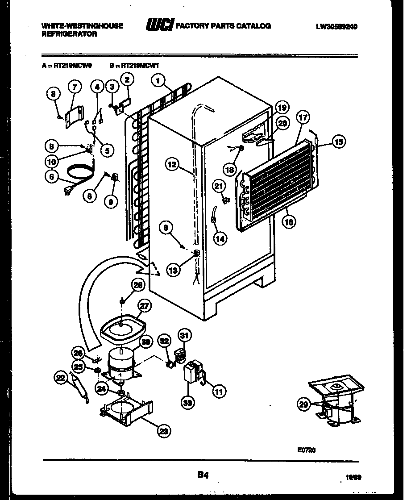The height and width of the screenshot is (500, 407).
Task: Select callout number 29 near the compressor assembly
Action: click(x=303, y=404)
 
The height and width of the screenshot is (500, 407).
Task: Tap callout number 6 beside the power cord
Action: click(x=52, y=177)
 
